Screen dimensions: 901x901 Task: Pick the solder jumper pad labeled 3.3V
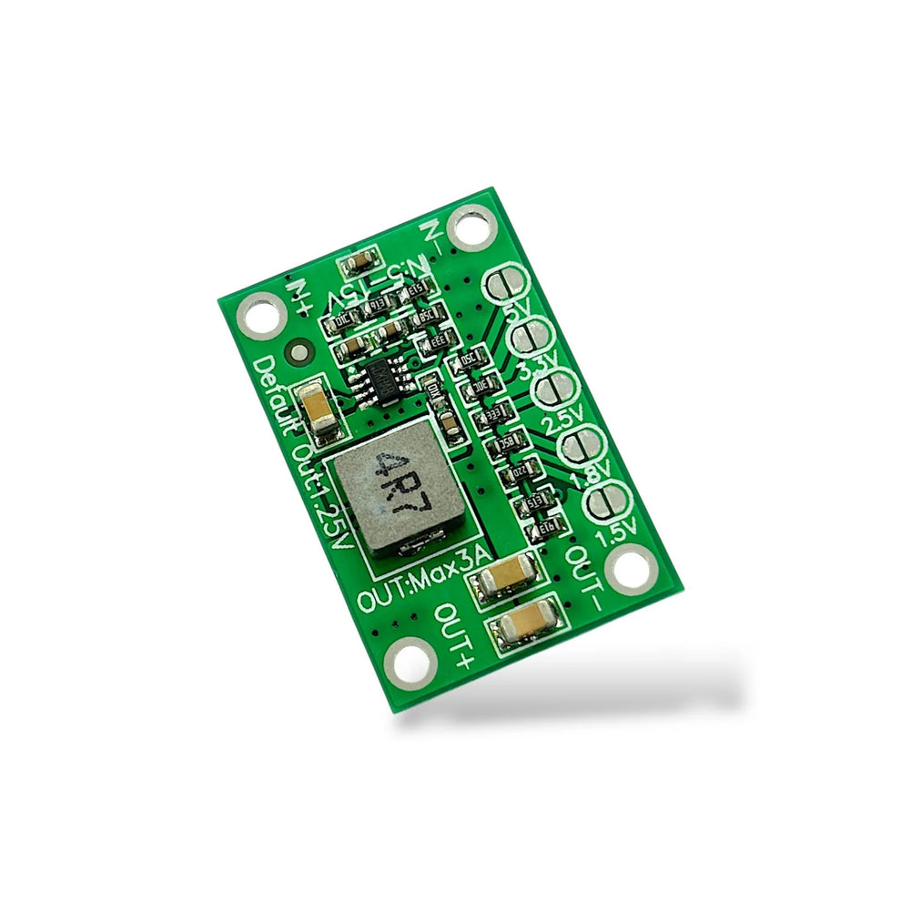[x=531, y=339]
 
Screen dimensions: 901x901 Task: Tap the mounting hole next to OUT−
[x=631, y=571]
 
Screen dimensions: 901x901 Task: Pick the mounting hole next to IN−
[x=471, y=227]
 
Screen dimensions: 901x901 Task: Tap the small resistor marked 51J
[x=531, y=501]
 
